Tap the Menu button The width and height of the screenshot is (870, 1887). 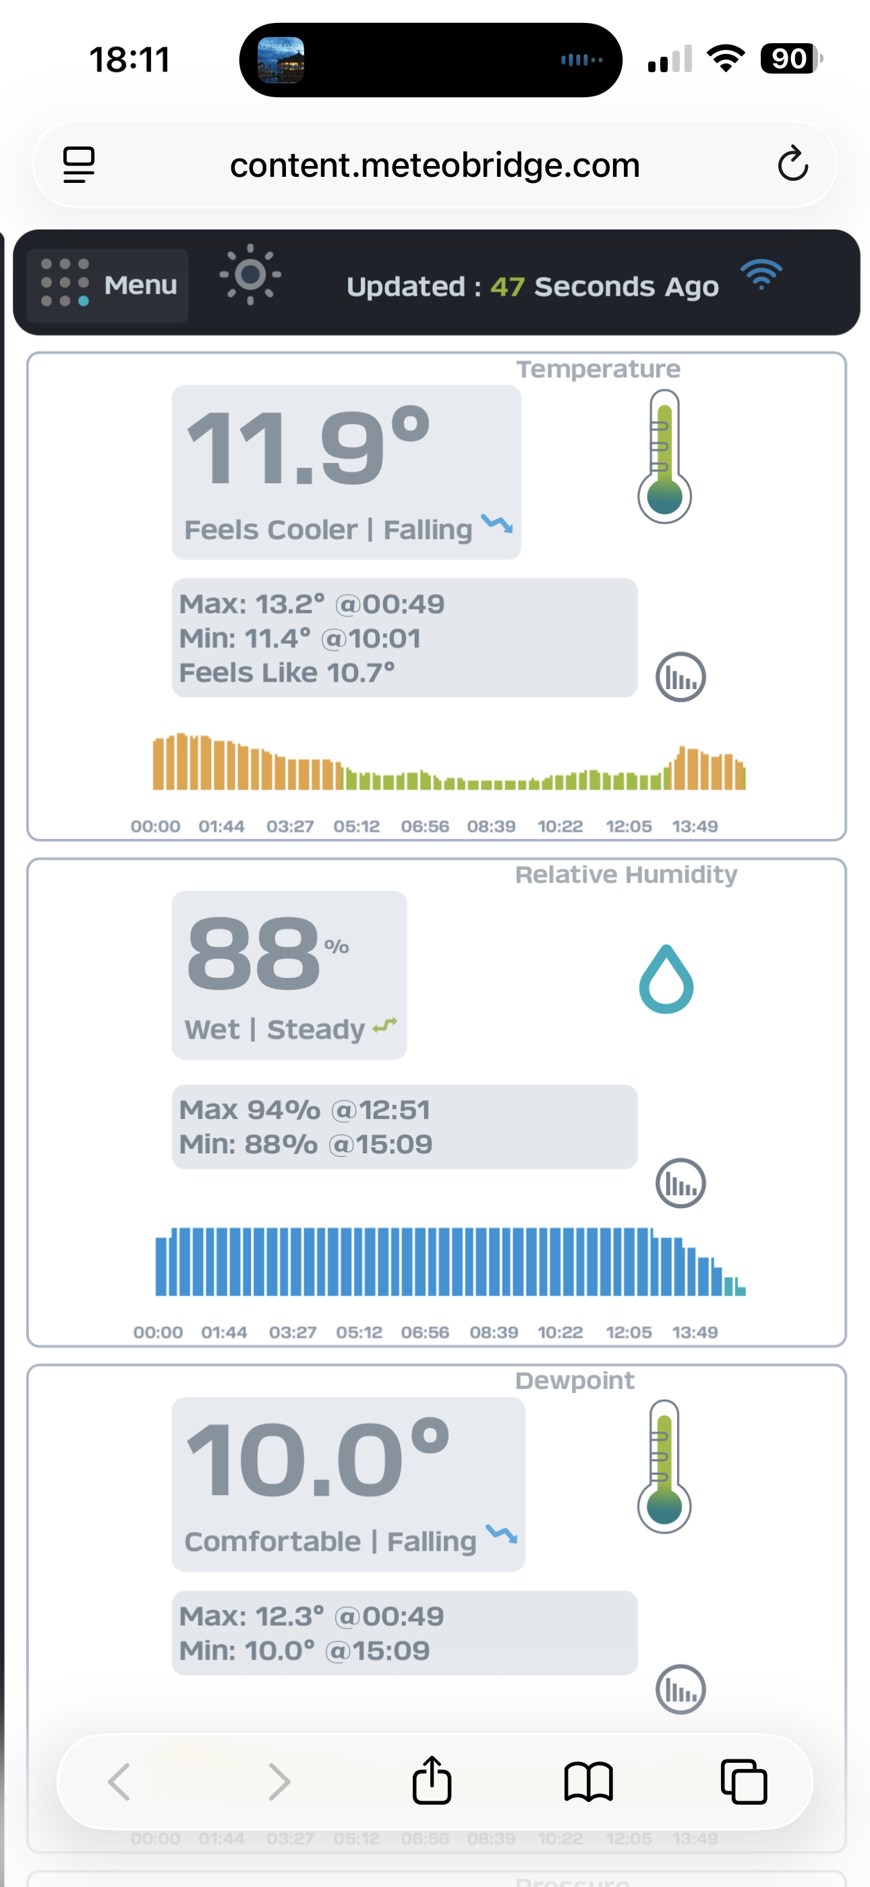[x=108, y=285]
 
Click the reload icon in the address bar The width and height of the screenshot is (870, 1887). [x=792, y=164]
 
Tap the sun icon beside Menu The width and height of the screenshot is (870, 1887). [x=250, y=275]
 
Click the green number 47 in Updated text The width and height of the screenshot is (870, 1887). [x=506, y=286]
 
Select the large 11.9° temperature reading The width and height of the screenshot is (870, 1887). [x=308, y=447]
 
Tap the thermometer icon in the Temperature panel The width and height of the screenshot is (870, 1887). [x=664, y=456]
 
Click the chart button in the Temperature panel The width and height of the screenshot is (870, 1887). [x=680, y=678]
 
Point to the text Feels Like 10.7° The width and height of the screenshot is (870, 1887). [x=287, y=672]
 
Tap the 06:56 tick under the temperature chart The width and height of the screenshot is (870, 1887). [x=425, y=826]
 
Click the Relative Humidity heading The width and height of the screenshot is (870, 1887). [x=626, y=875]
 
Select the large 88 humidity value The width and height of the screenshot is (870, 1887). [x=254, y=953]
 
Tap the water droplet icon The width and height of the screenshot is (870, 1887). [x=666, y=979]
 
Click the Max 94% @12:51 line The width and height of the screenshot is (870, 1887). [x=305, y=1110]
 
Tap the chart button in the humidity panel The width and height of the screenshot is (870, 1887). [x=680, y=1183]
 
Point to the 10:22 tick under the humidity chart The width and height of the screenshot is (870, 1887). [x=560, y=1332]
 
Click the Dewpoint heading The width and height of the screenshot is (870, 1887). [x=575, y=1381]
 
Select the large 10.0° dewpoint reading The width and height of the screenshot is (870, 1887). [x=317, y=1458]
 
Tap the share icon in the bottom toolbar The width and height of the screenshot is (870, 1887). [x=432, y=1781]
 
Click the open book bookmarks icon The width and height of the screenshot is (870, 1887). [x=588, y=1782]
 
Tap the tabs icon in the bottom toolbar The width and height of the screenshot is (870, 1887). [x=743, y=1782]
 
